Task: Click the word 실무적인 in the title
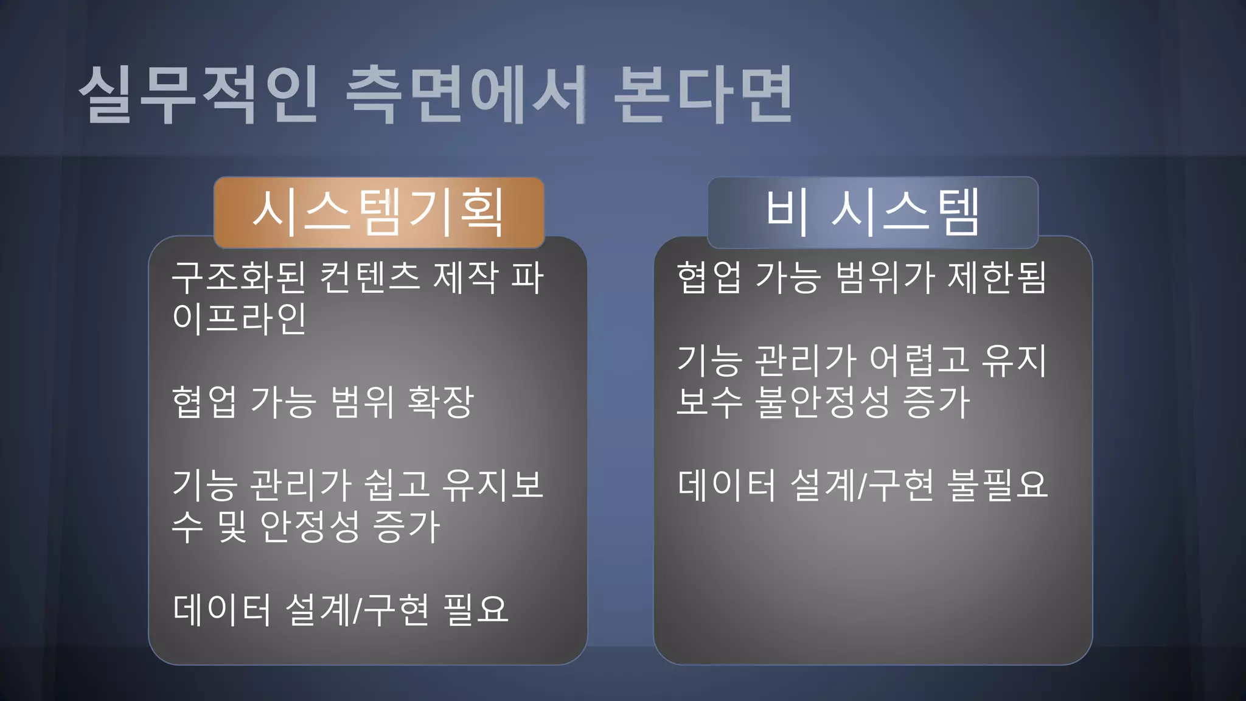click(198, 95)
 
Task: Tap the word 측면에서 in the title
click(465, 95)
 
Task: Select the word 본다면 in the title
click(703, 95)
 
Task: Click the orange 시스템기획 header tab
click(378, 212)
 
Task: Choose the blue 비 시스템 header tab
click(872, 212)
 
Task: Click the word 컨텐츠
click(370, 277)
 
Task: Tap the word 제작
click(465, 277)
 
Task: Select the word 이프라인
click(239, 318)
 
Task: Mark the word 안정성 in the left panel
click(310, 526)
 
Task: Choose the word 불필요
click(997, 485)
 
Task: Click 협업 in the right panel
click(709, 277)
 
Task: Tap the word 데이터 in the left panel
click(221, 609)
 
